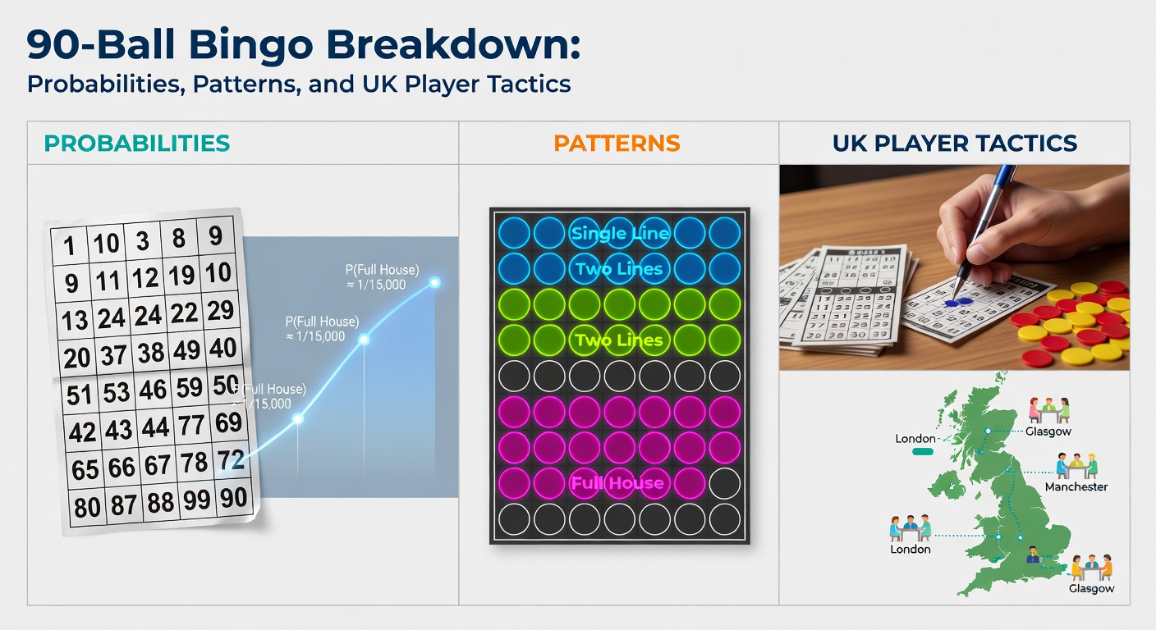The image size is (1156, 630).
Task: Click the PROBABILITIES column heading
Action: pyautogui.click(x=136, y=144)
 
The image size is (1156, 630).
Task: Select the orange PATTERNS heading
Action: pyautogui.click(x=617, y=144)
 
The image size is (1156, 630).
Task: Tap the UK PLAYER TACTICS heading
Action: pyautogui.click(x=954, y=144)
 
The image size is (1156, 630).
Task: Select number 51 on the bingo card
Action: pyautogui.click(x=80, y=394)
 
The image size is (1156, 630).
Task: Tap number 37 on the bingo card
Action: pyautogui.click(x=115, y=354)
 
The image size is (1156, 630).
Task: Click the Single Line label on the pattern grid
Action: pyautogui.click(x=620, y=234)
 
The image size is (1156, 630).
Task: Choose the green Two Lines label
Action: pyautogui.click(x=619, y=340)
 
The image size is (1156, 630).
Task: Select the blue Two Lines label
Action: pyautogui.click(x=619, y=269)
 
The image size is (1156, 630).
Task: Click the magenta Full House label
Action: pyautogui.click(x=617, y=482)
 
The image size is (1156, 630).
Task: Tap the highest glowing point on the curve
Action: pyautogui.click(x=434, y=282)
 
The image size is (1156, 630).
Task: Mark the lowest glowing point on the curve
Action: pyautogui.click(x=298, y=418)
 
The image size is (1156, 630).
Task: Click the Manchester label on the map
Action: pyautogui.click(x=1076, y=486)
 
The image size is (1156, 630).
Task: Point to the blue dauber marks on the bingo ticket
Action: pyautogui.click(x=956, y=302)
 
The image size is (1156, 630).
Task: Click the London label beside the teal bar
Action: pyautogui.click(x=915, y=439)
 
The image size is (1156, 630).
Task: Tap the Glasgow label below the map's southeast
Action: pyautogui.click(x=1091, y=588)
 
